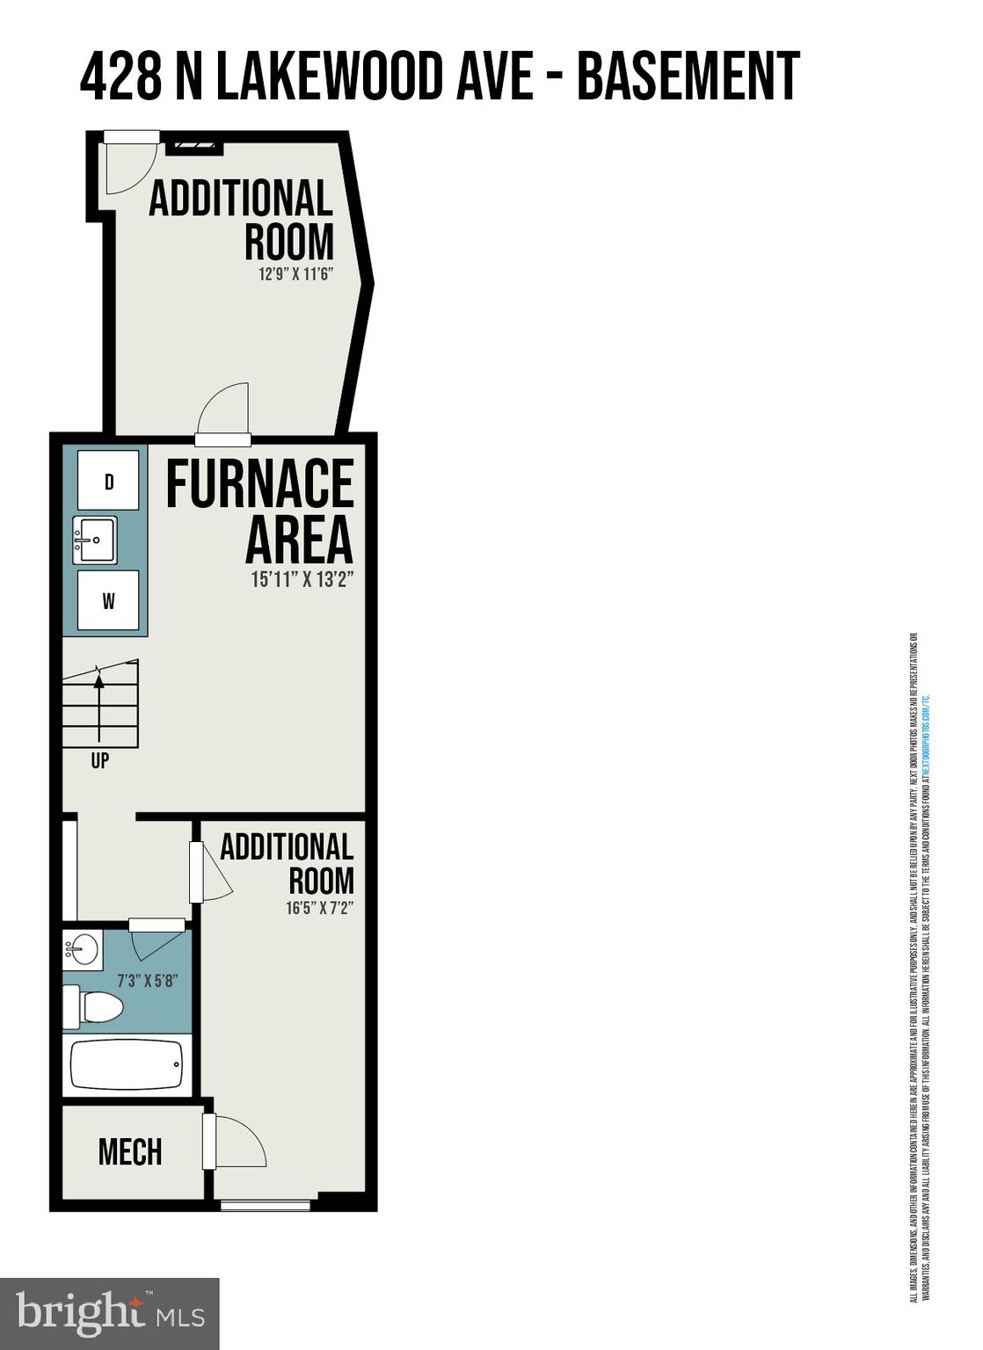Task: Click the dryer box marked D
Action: click(x=108, y=481)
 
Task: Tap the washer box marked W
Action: click(x=108, y=601)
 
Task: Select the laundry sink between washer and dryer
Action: click(x=94, y=540)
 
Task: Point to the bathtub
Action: click(x=127, y=1065)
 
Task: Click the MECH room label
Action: click(x=130, y=1151)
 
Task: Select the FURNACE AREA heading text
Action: click(x=260, y=511)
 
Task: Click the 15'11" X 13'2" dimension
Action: click(x=302, y=580)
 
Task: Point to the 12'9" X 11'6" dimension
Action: click(x=295, y=274)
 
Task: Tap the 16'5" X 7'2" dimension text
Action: click(x=319, y=909)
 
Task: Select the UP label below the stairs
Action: click(x=99, y=761)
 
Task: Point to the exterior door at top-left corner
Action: click(x=130, y=163)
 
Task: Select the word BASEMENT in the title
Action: click(x=688, y=76)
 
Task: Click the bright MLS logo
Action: click(x=109, y=1313)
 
